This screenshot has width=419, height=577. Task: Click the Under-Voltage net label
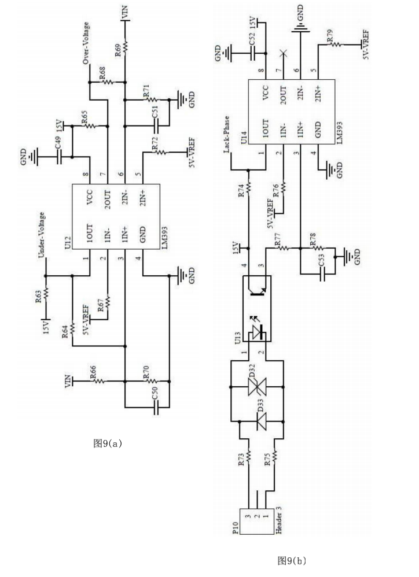coord(41,236)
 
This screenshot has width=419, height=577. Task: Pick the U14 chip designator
coord(244,139)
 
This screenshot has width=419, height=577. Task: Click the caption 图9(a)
coord(105,443)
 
